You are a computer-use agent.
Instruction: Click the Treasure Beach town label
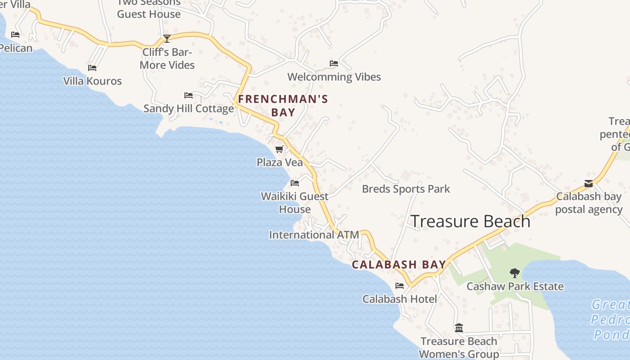click(470, 221)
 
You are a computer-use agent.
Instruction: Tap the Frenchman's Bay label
click(283, 106)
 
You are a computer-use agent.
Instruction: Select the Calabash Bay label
click(399, 265)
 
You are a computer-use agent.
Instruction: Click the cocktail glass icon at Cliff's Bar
click(167, 39)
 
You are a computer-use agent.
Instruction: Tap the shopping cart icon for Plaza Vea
click(279, 149)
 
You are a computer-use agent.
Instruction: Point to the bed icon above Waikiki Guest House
click(295, 183)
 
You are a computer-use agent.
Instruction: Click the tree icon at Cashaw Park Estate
click(514, 273)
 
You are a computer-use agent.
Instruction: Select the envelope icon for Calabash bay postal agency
click(589, 184)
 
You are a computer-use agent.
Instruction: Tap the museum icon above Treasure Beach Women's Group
click(459, 328)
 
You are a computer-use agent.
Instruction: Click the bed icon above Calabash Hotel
click(400, 286)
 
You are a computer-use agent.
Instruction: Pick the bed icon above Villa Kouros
click(92, 68)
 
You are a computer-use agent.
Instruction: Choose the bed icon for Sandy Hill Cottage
click(189, 95)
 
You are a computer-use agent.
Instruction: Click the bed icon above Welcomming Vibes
click(334, 63)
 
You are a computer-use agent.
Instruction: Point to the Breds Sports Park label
click(406, 189)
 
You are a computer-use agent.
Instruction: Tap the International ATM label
click(314, 235)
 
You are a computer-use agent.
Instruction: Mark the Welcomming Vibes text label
click(334, 77)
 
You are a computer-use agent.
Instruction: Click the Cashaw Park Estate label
click(515, 286)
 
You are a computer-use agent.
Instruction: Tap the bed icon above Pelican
click(15, 35)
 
